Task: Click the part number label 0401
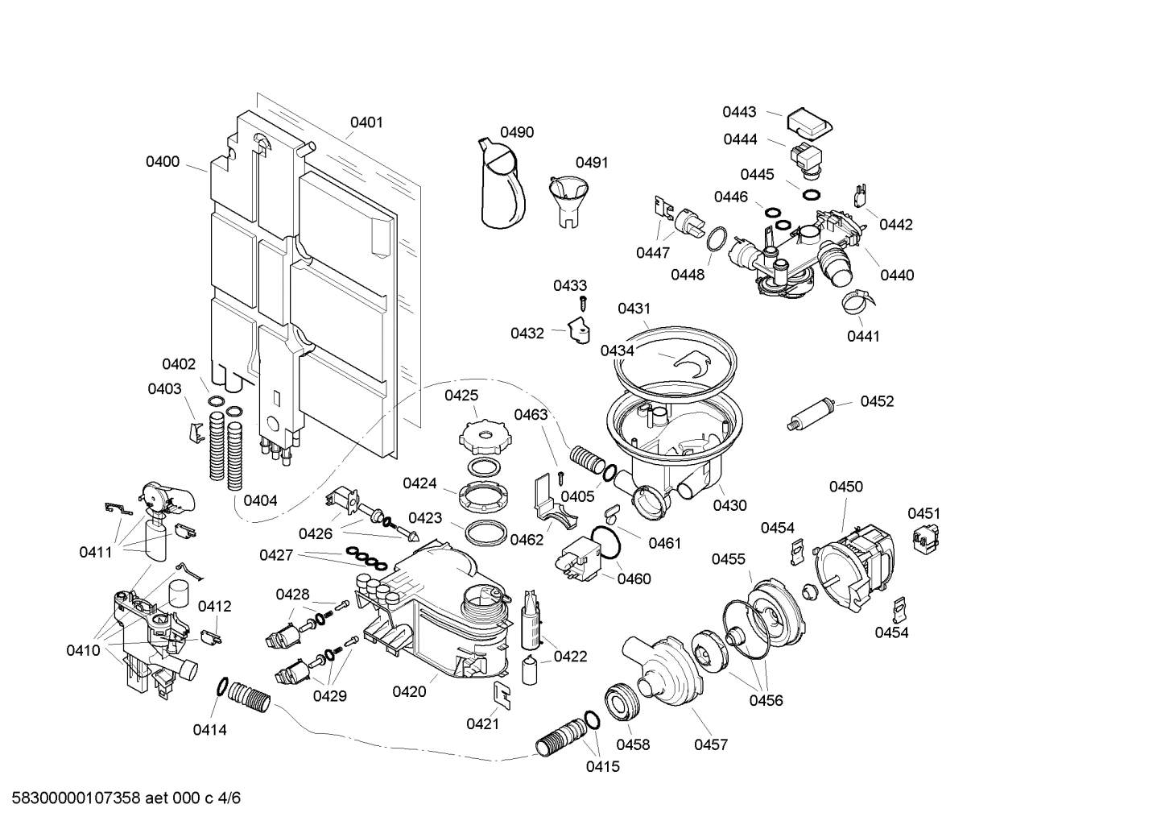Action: (x=366, y=122)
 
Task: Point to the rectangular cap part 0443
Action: (x=808, y=123)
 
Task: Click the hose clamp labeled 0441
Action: (x=860, y=305)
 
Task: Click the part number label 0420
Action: (x=409, y=691)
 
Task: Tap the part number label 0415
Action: (x=603, y=766)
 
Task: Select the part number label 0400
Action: (x=163, y=162)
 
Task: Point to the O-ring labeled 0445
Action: (x=812, y=194)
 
